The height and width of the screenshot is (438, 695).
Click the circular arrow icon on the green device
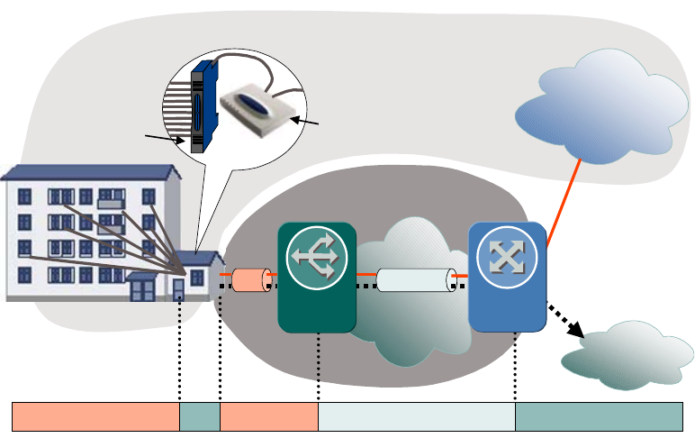tap(317, 256)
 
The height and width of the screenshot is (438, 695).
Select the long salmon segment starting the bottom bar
tap(95, 417)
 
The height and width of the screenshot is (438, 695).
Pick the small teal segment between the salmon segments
tap(200, 417)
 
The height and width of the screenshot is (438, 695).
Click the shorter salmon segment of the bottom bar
tap(269, 417)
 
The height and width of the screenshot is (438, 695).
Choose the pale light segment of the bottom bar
tap(417, 417)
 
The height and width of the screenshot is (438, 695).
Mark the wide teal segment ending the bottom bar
tap(599, 417)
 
